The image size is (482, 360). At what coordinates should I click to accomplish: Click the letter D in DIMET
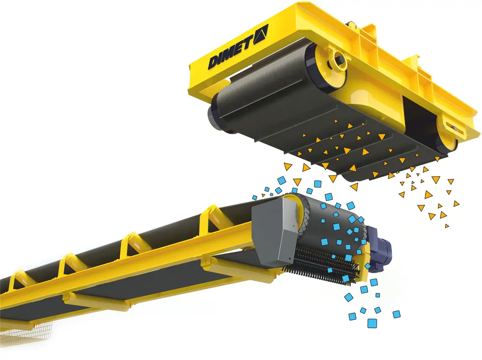[214, 62]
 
